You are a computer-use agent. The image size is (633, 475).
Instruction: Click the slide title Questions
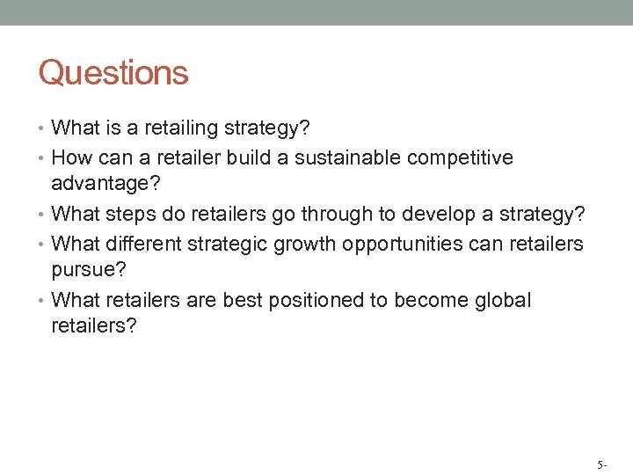coord(113,73)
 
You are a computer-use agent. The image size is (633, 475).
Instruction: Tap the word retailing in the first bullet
coord(179,128)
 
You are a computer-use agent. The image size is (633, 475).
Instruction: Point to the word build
coord(265,157)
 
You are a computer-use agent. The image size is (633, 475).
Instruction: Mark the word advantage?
coord(99,183)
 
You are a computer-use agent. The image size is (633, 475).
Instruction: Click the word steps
coord(129,215)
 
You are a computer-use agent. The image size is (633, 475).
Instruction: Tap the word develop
coord(421,215)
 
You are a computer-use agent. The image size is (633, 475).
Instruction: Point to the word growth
coord(301,244)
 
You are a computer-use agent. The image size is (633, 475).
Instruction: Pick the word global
coord(504,300)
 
